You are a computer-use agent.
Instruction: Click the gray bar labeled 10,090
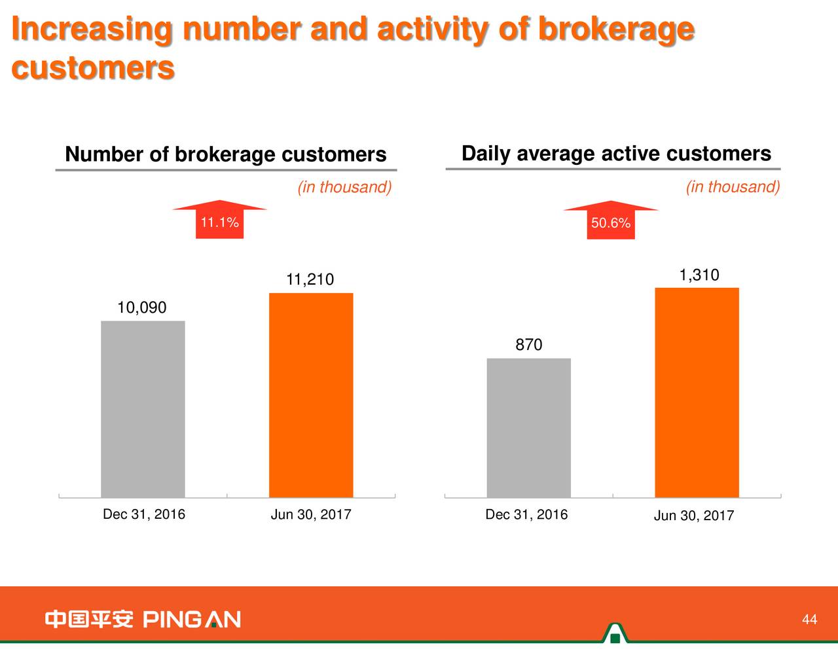[143, 409]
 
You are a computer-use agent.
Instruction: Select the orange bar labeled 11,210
[311, 395]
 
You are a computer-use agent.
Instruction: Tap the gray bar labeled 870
[528, 428]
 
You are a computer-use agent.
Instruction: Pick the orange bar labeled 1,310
[697, 393]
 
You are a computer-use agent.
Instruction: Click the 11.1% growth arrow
[219, 220]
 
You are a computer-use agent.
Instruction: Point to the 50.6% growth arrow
[611, 221]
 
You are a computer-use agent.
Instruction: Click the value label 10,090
[141, 308]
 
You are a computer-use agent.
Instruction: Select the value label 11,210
[310, 280]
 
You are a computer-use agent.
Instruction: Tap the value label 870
[528, 345]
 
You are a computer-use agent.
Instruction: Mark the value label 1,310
[699, 275]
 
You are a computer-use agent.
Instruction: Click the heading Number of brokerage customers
[226, 154]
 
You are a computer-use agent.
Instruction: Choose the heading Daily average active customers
[616, 154]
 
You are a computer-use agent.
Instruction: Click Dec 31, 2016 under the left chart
[144, 514]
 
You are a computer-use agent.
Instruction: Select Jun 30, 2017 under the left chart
[311, 515]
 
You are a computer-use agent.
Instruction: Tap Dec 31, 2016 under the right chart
[526, 515]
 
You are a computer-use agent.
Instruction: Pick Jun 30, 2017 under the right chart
[694, 516]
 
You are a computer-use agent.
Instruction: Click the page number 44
[809, 620]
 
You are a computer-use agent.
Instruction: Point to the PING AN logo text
[192, 619]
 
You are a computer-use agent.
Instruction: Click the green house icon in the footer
[615, 633]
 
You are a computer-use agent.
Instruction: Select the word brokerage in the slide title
[615, 29]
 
